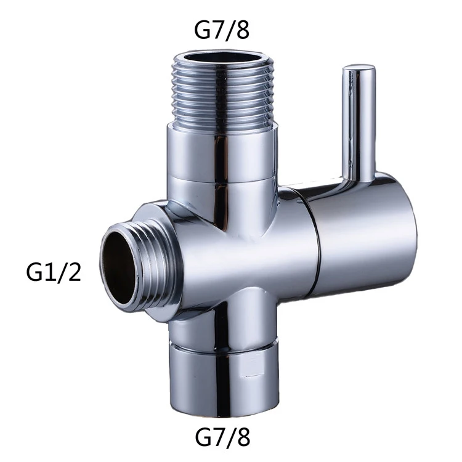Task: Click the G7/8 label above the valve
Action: pos(222,30)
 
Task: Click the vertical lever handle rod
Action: pos(358,124)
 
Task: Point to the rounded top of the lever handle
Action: pos(359,68)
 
